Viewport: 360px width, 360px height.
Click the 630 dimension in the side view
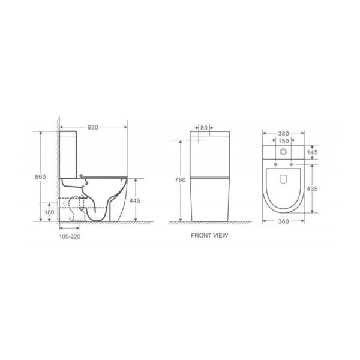92,127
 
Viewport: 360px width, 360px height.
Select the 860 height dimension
39,177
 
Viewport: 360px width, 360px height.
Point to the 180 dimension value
50,212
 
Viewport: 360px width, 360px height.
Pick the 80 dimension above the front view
204,127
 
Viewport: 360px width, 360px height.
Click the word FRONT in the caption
200,236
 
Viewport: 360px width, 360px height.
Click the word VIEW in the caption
220,236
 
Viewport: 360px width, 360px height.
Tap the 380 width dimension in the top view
285,134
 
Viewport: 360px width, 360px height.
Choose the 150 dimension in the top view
285,141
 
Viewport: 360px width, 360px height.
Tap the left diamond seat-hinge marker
275,163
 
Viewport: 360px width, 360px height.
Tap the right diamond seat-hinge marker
295,163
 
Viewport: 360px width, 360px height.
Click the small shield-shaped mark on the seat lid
284,179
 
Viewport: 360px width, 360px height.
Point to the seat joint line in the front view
210,179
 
